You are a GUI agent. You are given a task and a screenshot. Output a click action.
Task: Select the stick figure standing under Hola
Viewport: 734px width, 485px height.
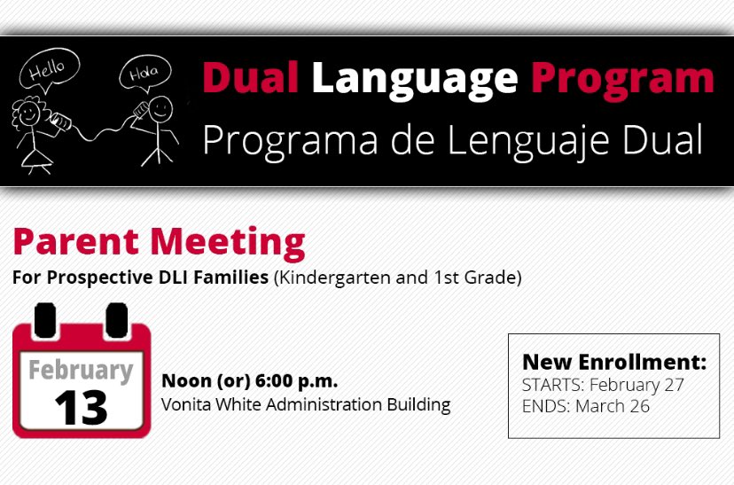pyautogui.click(x=160, y=129)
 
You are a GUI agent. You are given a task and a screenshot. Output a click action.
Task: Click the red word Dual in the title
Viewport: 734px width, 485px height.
pyautogui.click(x=250, y=79)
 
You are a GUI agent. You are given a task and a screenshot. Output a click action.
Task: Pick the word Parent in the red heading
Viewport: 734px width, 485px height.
pyautogui.click(x=75, y=242)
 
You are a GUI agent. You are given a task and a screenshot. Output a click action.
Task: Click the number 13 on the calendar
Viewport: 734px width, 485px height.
pyautogui.click(x=81, y=407)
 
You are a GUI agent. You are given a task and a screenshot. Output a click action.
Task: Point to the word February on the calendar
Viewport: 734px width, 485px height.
pyautogui.click(x=81, y=369)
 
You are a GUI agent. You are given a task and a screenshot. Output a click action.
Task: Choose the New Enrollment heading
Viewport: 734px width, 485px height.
pyautogui.click(x=613, y=362)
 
